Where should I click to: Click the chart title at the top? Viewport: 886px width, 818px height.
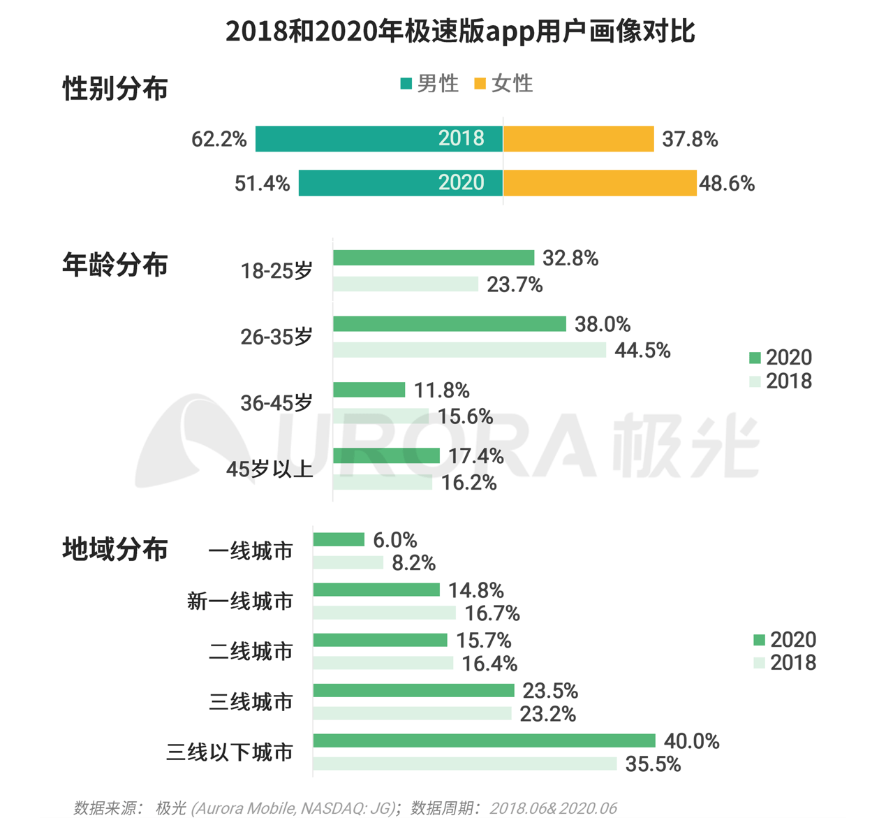coord(460,32)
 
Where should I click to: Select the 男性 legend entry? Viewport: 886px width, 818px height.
coord(429,84)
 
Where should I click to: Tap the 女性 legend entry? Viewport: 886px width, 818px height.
coord(503,84)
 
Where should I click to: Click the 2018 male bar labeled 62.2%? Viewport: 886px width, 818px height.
coord(378,139)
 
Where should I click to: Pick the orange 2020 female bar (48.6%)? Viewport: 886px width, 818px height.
coord(600,183)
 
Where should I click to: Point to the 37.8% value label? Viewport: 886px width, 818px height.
coord(690,140)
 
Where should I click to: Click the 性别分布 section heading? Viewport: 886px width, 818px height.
coord(115,89)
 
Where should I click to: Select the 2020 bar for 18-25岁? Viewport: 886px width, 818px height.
coord(434,258)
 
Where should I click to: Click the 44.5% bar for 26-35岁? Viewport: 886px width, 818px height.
coord(469,350)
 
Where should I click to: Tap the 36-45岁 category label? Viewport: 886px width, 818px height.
coord(276,403)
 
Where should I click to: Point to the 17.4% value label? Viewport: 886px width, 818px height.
coord(475,456)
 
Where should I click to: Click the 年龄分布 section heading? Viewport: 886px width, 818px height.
coord(115,265)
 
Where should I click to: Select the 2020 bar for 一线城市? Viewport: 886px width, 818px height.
coord(339,539)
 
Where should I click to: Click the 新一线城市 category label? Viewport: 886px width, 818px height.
coord(240,601)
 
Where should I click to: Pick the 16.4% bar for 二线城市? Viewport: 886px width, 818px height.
coord(383,663)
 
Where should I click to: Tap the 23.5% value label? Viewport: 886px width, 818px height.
coord(550,691)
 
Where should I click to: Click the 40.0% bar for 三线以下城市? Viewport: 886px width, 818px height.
coord(484,740)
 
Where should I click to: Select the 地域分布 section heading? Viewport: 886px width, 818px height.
coord(115,550)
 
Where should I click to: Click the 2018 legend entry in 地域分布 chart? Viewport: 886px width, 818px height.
coord(785,663)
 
